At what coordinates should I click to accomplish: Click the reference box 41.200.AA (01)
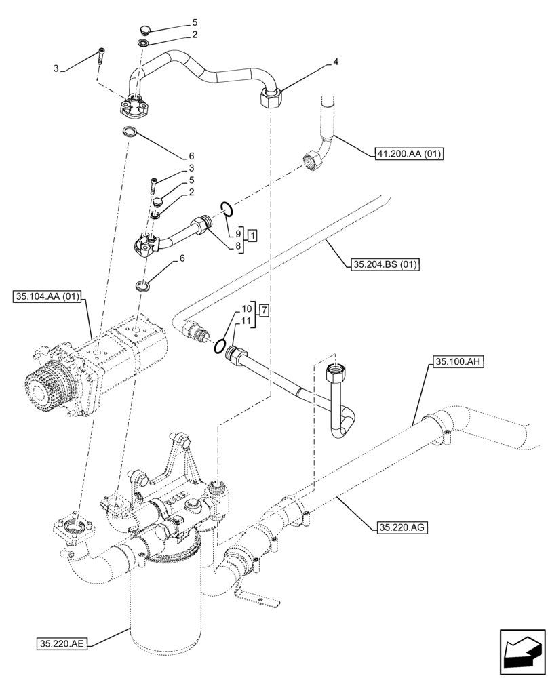pos(408,154)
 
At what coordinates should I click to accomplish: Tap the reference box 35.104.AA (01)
pos(47,296)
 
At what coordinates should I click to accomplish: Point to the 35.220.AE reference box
pos(58,641)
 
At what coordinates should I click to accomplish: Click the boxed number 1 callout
pos(252,236)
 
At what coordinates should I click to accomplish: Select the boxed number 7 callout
pos(264,310)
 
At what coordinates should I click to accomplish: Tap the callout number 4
pos(335,62)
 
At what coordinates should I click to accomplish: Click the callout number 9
pos(239,233)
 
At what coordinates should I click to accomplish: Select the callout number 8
pos(239,247)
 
